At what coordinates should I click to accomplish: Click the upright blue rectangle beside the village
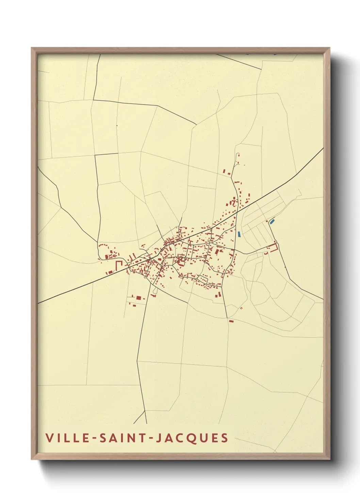pos(239,234)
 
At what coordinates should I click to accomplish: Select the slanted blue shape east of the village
pos(272,221)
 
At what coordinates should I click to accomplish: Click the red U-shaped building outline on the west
pos(119,265)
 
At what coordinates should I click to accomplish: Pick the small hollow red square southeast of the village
pos(241,308)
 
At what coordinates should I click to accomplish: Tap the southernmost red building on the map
pos(231,321)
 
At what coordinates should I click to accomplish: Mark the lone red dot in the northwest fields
pos(117,126)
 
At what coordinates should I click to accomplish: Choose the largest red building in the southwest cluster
pos(138,298)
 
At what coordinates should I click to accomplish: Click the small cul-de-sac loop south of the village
pos(155,291)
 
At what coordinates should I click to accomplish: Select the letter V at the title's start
pos(49,438)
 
